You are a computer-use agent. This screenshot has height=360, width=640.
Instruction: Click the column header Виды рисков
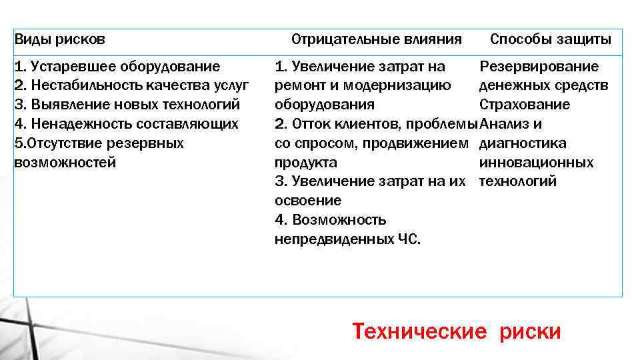tap(59, 39)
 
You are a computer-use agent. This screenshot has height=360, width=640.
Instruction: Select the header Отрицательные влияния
tap(377, 39)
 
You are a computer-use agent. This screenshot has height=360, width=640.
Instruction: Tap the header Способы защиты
tap(551, 39)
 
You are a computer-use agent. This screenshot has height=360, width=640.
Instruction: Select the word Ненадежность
tap(72, 124)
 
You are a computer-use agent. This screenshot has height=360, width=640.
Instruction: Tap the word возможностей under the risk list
tap(65, 163)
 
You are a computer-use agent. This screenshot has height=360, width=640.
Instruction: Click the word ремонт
tap(298, 86)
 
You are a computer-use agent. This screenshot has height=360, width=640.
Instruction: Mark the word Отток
tap(310, 124)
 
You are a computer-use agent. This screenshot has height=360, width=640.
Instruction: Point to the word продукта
tap(306, 163)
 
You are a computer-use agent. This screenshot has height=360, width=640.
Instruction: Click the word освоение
tap(308, 201)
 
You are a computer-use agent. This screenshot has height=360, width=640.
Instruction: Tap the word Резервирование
tap(539, 67)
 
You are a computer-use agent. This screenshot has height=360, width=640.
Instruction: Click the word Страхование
tap(525, 105)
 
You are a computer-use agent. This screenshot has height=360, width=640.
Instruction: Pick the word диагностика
tap(523, 143)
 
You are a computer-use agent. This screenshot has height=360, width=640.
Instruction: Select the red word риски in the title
tap(531, 331)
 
